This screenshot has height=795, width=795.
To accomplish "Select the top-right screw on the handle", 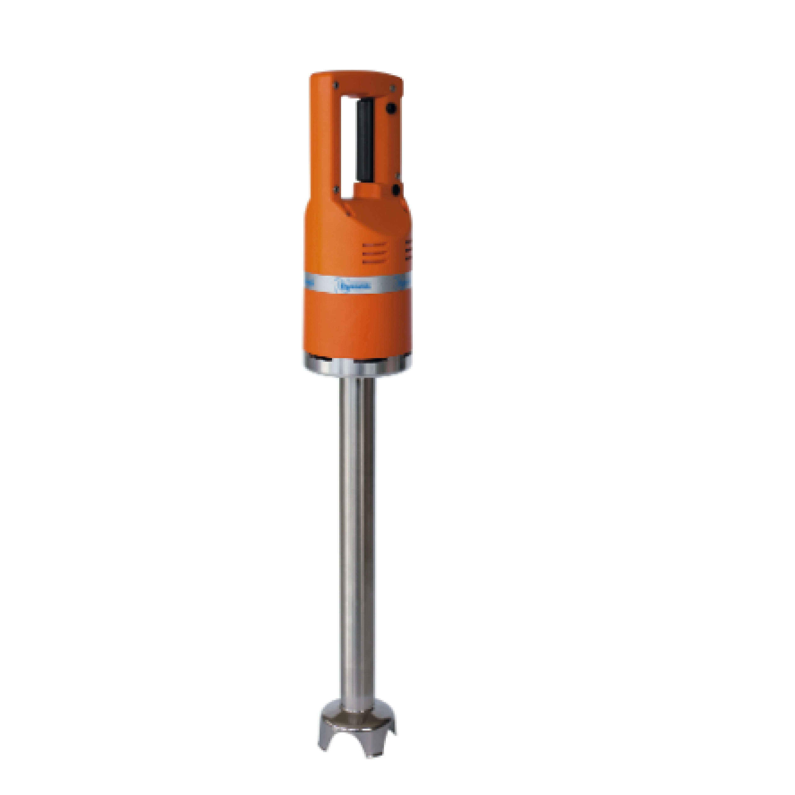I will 392,88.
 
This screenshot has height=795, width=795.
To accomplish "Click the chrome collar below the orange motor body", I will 357,365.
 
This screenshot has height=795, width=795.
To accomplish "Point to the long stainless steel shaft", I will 357,535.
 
